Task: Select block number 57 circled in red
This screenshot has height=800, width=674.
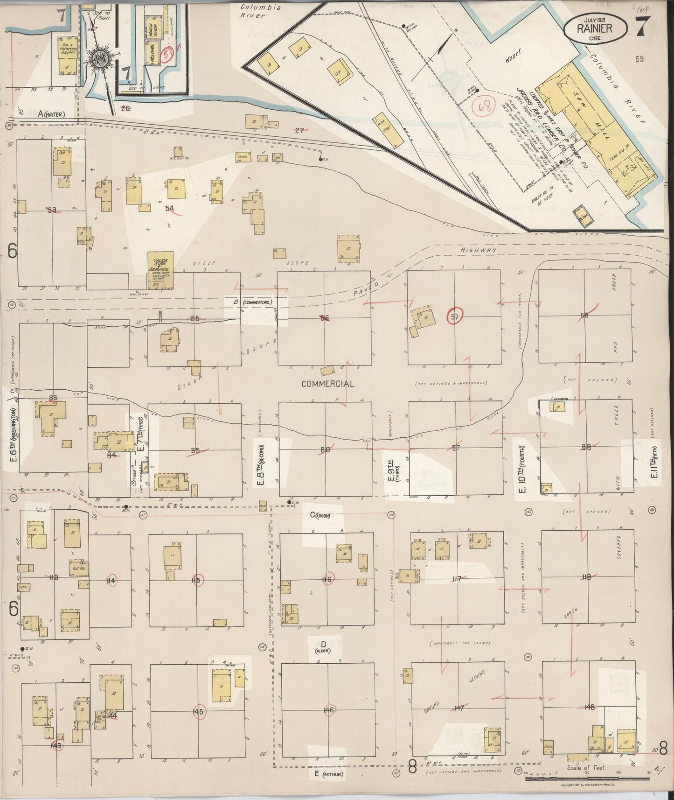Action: coord(454,317)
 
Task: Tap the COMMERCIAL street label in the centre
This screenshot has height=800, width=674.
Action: coord(327,384)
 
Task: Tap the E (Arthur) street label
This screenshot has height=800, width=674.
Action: coord(328,774)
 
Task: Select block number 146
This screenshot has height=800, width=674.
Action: coord(328,710)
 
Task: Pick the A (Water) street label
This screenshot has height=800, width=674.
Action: coord(51,114)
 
